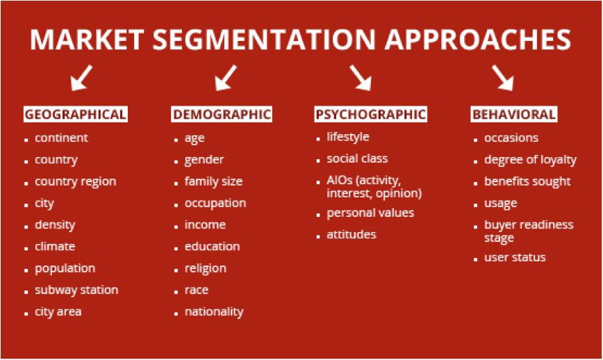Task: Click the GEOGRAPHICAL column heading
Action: tap(76, 115)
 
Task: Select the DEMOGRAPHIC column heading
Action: tap(222, 115)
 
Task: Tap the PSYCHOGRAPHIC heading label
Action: tap(370, 115)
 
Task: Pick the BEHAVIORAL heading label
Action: tap(514, 115)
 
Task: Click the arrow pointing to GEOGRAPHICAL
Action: tap(82, 78)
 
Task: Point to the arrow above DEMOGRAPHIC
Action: tap(225, 78)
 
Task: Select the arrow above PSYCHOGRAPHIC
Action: tap(361, 78)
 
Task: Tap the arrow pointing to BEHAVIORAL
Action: tap(503, 78)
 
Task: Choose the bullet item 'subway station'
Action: tap(76, 290)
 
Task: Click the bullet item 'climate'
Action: tap(55, 246)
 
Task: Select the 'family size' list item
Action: tap(213, 181)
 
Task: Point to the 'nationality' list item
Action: tap(214, 311)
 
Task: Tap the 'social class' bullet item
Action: tap(357, 158)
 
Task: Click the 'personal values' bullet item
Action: tap(370, 213)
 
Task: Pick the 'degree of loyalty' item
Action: tap(530, 160)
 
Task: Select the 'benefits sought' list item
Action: tap(527, 181)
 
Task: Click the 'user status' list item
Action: tap(515, 257)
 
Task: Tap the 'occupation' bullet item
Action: tap(215, 203)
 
